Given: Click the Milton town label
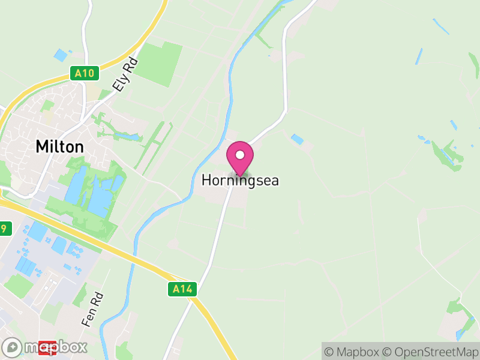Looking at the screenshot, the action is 59,146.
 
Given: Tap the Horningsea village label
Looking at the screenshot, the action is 240,180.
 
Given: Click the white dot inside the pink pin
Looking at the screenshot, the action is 240,155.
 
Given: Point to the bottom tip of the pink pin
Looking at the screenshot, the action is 240,176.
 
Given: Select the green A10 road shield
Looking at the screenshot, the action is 85,73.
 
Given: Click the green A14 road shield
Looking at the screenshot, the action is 181,289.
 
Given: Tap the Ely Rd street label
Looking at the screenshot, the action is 125,75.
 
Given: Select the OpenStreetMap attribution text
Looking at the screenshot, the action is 431,352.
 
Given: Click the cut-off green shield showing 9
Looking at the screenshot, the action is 5,228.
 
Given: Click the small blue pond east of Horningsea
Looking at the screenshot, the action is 297,140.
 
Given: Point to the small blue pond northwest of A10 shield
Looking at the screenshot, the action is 61,55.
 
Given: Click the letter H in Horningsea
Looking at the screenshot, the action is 206,180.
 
